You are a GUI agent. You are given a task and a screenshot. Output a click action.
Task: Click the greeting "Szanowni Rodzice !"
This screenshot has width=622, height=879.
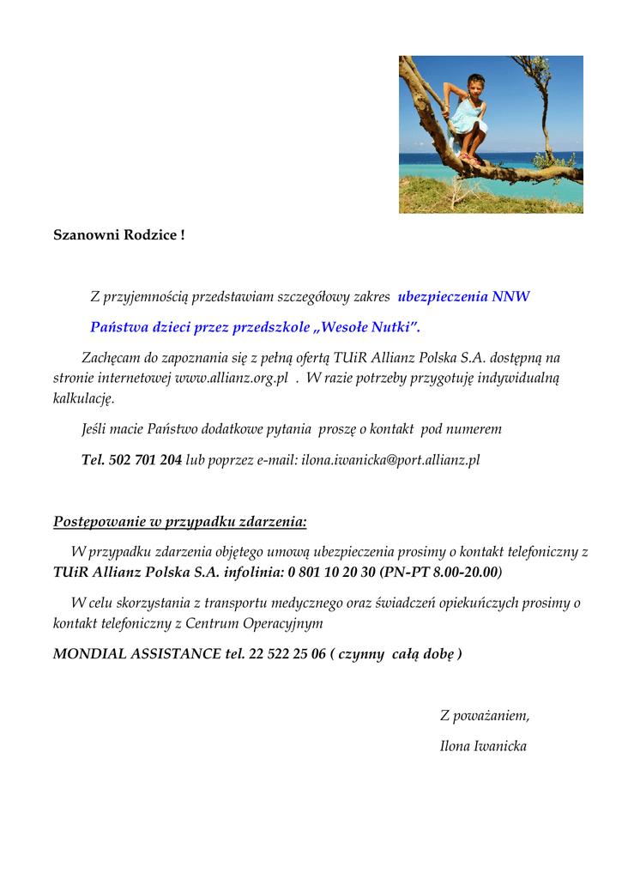click(118, 234)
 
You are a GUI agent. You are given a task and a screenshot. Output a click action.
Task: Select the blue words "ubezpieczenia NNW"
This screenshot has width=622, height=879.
click(463, 297)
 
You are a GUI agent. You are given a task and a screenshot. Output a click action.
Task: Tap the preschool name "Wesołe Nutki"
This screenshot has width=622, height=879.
click(366, 327)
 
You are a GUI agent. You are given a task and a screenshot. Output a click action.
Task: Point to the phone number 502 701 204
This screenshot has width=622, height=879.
click(145, 460)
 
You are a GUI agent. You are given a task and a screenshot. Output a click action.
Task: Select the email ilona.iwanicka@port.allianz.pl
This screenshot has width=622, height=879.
click(390, 460)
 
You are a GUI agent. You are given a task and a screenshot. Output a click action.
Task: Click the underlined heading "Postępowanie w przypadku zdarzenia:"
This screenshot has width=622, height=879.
click(179, 521)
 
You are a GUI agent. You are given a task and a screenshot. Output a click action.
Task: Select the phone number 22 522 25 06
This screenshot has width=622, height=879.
click(287, 654)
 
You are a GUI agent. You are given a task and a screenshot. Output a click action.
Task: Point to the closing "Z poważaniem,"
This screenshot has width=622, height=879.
click(484, 715)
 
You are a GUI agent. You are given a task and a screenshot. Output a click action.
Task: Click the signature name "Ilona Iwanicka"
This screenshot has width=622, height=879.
click(483, 746)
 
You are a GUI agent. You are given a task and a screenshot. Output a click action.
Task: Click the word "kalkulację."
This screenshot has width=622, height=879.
click(83, 398)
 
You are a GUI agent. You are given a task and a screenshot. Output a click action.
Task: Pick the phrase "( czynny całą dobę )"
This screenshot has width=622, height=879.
click(396, 654)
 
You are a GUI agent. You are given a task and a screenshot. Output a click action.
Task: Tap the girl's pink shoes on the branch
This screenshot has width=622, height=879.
click(468, 160)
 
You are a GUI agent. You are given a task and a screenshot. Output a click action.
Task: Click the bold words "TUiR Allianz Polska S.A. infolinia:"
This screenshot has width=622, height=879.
click(168, 572)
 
